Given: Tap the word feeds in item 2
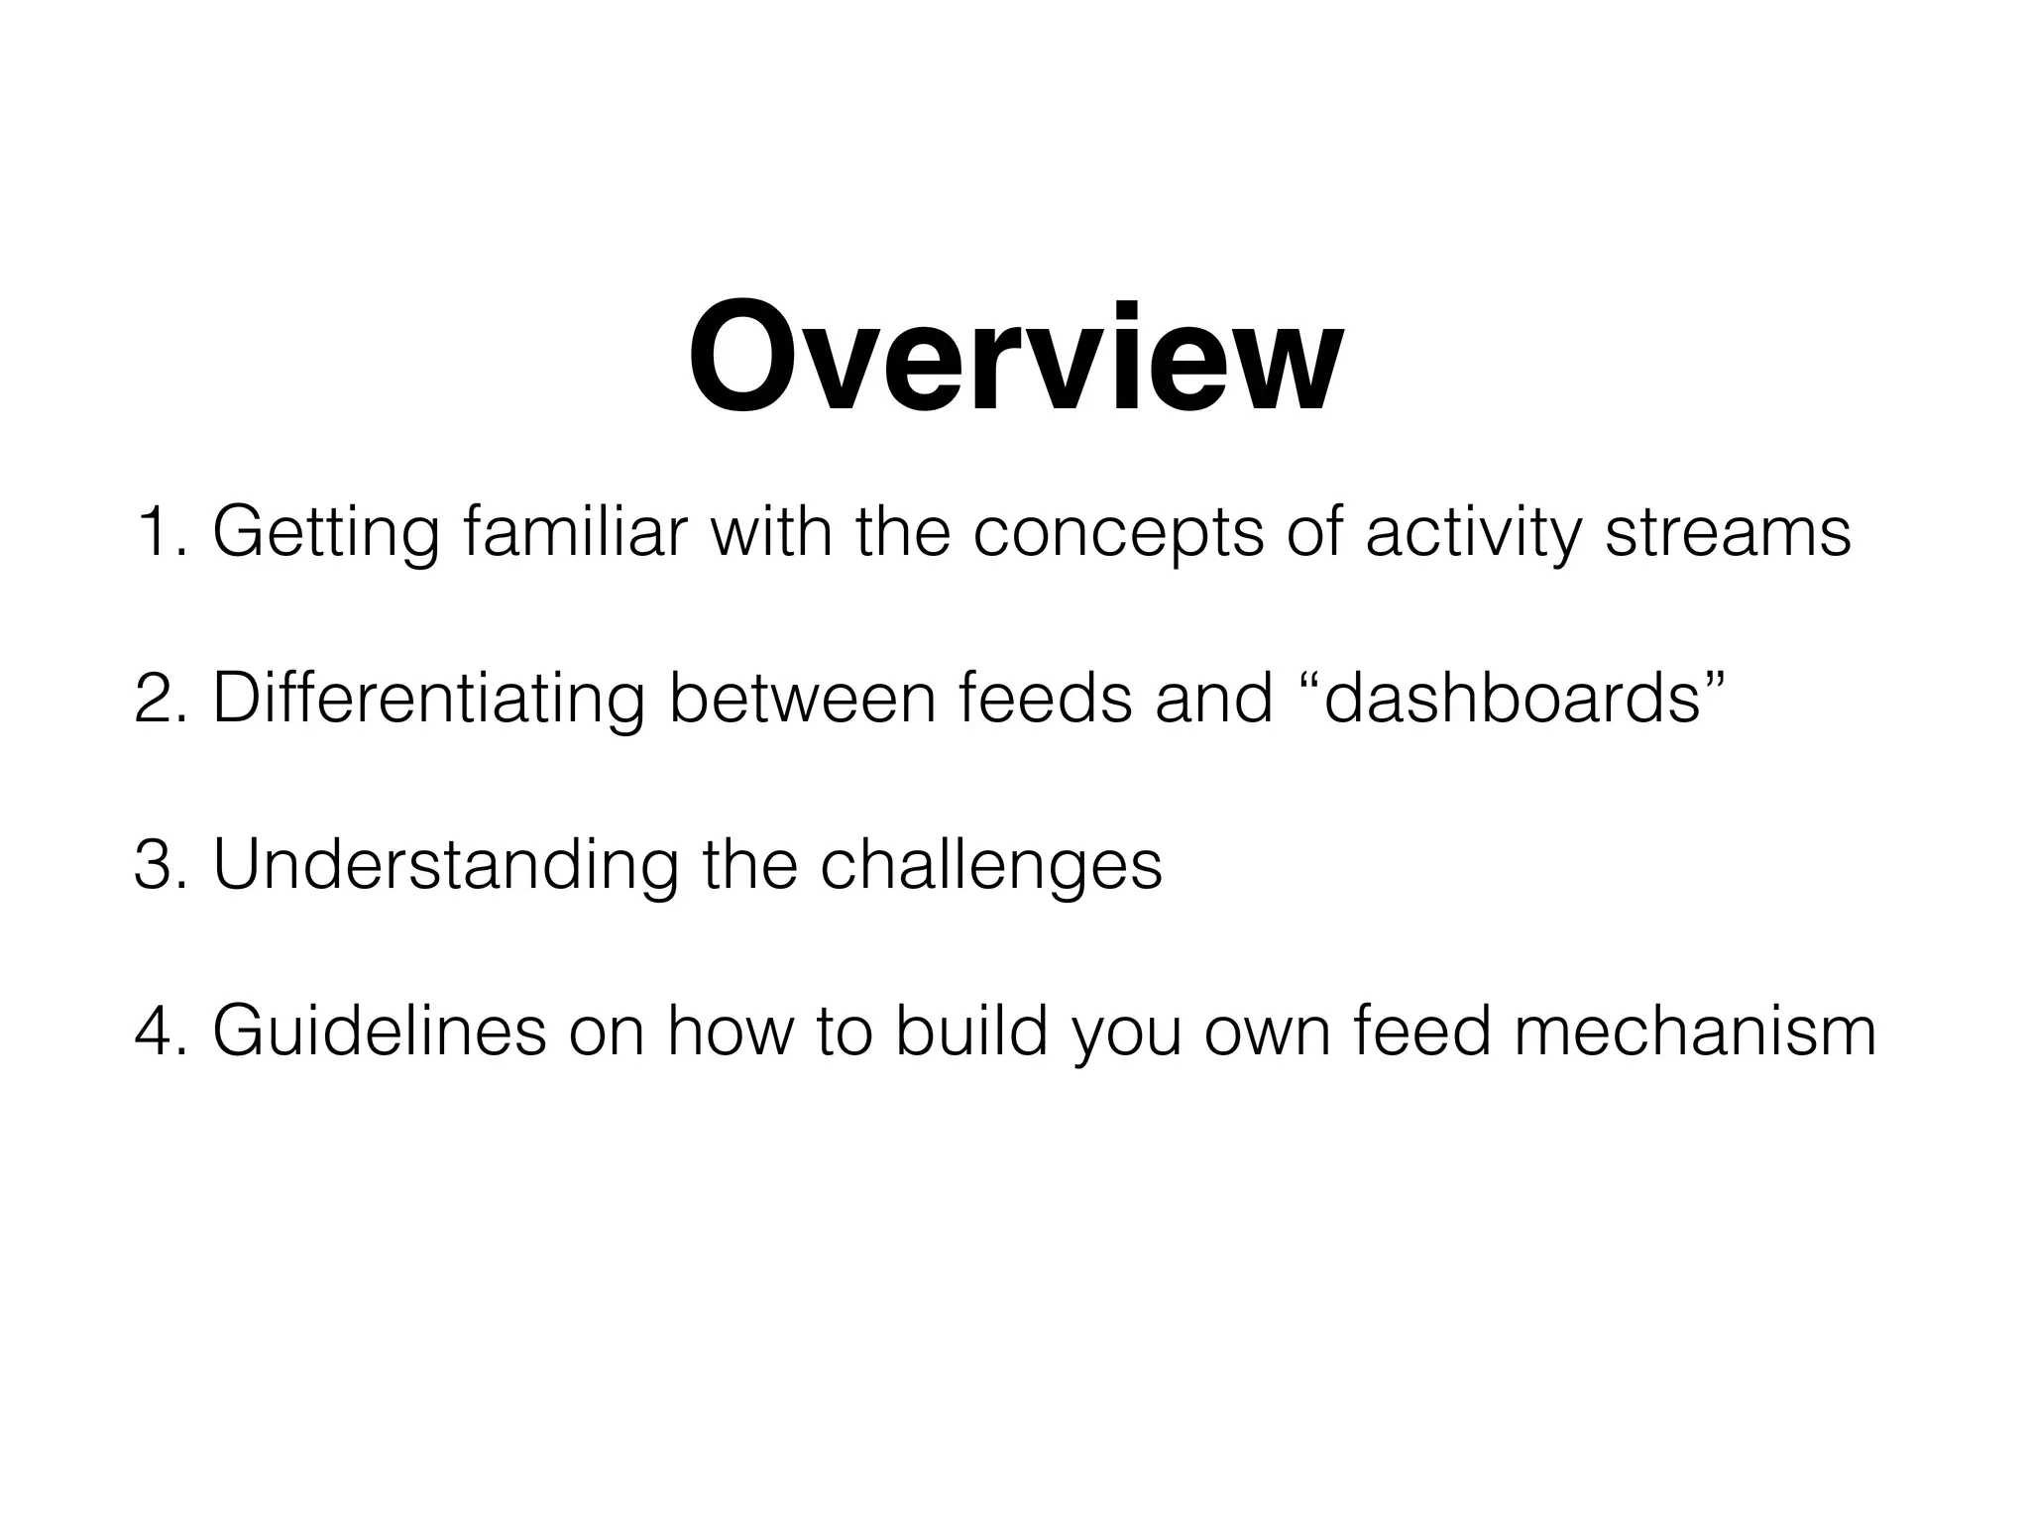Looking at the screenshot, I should point(1045,699).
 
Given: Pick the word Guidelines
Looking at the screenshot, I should point(379,1032).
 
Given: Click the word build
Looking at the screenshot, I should point(970,1032).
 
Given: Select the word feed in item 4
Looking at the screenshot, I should point(1422,1032).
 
